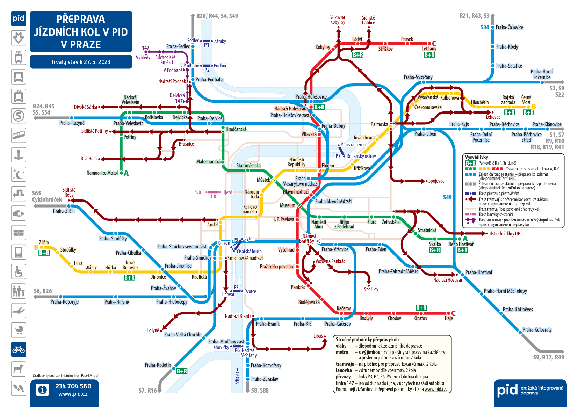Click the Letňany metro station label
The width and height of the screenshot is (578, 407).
click(x=429, y=49)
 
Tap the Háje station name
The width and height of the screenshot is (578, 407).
click(x=449, y=318)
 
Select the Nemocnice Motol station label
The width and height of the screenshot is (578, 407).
click(x=102, y=173)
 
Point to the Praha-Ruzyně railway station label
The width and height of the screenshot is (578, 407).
click(x=72, y=123)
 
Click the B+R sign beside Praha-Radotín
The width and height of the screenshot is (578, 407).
click(x=182, y=371)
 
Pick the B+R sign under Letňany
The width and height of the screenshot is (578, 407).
click(x=429, y=55)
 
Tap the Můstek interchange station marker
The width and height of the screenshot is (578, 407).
click(x=274, y=180)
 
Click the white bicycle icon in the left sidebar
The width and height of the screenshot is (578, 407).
click(x=19, y=350)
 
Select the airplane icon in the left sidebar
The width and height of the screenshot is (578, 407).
click(x=19, y=311)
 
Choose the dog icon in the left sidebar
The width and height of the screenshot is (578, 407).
click(x=19, y=369)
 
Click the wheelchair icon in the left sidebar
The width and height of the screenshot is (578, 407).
click(x=19, y=272)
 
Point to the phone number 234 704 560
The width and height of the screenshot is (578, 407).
click(x=73, y=386)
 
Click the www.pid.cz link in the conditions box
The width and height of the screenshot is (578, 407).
click(x=435, y=389)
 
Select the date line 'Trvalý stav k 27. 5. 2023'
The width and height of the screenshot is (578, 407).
click(x=81, y=62)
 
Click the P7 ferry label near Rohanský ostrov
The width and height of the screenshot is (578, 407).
click(x=338, y=156)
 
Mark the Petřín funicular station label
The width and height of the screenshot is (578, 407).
click(x=199, y=192)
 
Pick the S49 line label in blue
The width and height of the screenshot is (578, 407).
click(x=447, y=197)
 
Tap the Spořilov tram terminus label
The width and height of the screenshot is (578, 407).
click(x=371, y=289)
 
